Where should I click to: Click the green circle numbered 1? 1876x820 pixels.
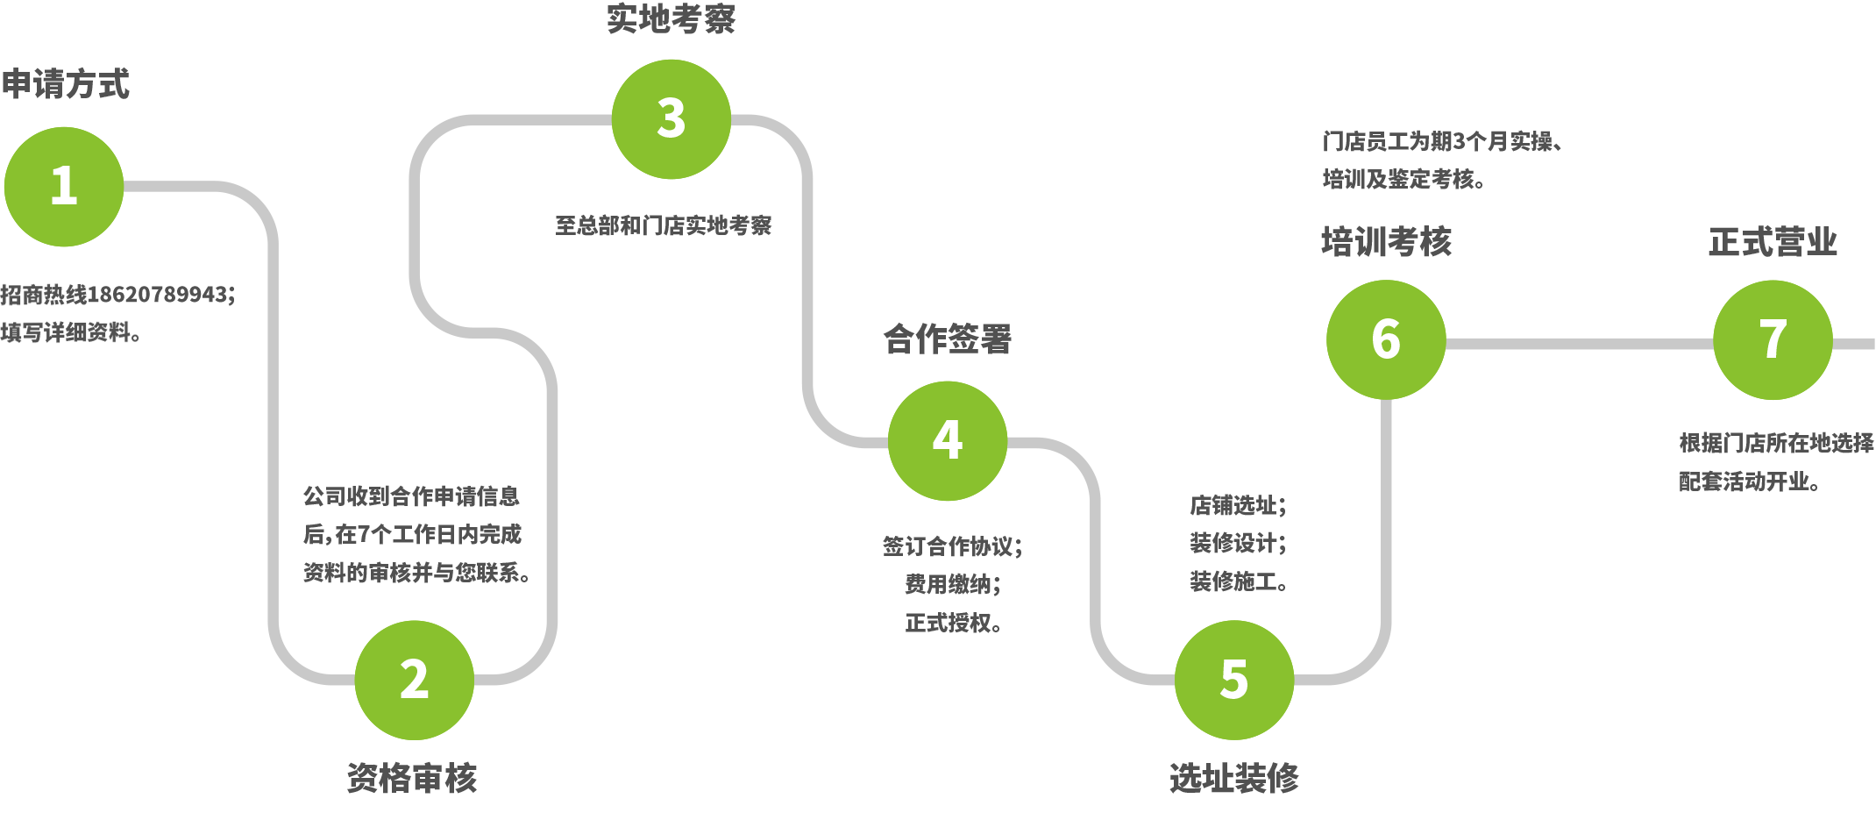pos(64,187)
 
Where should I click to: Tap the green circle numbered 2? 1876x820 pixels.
pos(415,680)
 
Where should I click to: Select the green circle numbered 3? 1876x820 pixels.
pos(672,119)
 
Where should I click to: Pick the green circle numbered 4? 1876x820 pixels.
pos(948,441)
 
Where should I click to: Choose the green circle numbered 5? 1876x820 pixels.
pos(1234,680)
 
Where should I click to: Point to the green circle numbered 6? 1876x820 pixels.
pos(1386,339)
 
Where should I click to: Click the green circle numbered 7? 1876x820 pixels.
pos(1773,339)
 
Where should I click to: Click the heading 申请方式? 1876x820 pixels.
pos(66,84)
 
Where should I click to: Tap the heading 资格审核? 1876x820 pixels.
pos(412,778)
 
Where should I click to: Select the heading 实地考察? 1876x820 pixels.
pos(672,19)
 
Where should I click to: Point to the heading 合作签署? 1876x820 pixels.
pos(948,339)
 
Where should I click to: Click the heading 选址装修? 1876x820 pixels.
pos(1234,778)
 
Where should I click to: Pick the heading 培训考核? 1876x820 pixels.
pos(1386,241)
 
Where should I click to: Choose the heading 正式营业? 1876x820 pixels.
pos(1773,241)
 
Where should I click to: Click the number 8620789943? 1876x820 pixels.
pos(161,294)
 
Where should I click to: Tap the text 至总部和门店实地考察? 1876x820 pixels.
pos(664,225)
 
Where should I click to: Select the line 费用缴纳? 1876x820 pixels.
pos(953,584)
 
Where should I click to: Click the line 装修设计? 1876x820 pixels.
pos(1238,543)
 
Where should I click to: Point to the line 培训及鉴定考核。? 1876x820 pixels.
pos(1403,179)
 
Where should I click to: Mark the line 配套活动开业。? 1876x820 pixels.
pos(1749,481)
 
